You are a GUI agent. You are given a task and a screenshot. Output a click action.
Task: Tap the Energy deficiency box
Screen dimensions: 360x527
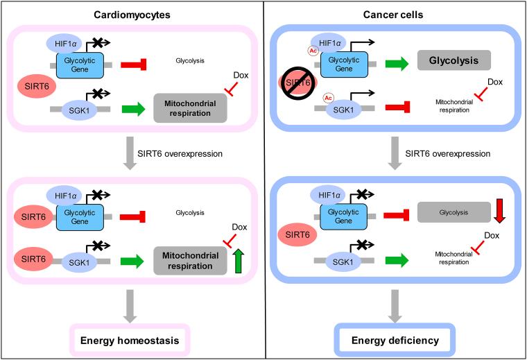(393, 341)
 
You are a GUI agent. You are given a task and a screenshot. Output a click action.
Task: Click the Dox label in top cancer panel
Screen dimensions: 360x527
(494, 81)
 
